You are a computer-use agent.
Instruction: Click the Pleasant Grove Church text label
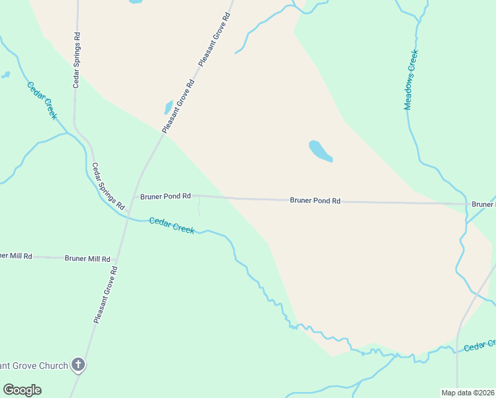(x=34, y=365)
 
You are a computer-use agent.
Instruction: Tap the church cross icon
(x=78, y=364)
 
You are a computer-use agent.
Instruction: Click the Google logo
(x=22, y=390)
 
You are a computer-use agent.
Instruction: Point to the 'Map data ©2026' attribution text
(x=468, y=393)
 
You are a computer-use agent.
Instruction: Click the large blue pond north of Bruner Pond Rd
(x=320, y=151)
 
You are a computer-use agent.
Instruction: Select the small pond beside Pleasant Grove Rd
(x=168, y=107)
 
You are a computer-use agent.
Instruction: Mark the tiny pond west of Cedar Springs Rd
(x=6, y=75)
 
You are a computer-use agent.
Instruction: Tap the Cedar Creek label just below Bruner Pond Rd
(x=172, y=226)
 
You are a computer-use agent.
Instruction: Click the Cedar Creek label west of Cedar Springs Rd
(x=42, y=100)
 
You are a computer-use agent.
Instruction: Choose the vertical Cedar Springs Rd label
(x=77, y=61)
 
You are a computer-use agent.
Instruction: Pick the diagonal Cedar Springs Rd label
(x=108, y=186)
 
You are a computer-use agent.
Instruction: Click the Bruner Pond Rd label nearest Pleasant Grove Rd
(x=165, y=196)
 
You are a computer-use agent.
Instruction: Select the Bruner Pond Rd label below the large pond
(x=315, y=200)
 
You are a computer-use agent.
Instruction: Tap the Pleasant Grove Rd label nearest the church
(x=106, y=295)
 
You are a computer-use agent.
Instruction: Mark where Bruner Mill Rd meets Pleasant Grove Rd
(x=117, y=259)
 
